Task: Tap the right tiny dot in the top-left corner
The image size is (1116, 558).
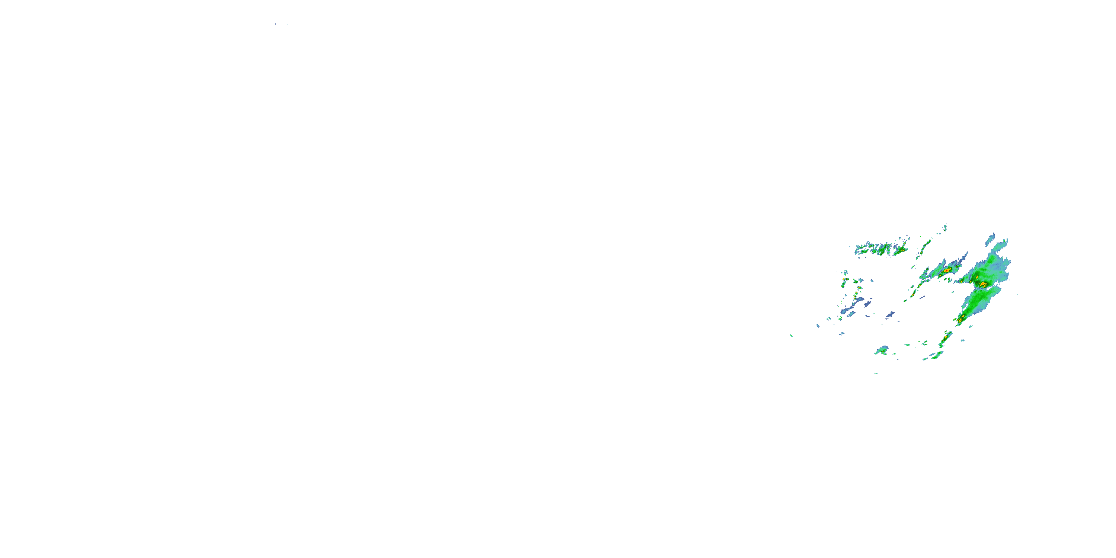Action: (288, 24)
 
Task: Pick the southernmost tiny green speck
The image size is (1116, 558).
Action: (876, 373)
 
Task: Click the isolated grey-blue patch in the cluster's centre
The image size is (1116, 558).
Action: (890, 314)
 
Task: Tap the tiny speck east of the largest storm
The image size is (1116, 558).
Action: (1018, 294)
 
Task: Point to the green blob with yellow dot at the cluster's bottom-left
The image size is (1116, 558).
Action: (882, 350)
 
